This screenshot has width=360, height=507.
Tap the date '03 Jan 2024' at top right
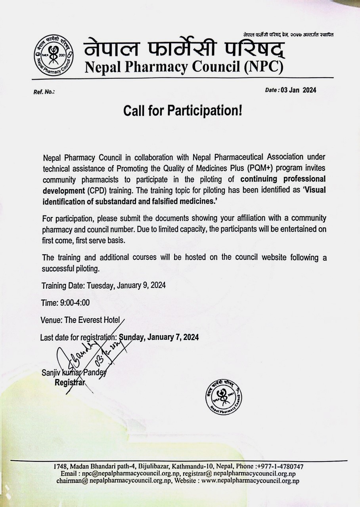click(x=298, y=90)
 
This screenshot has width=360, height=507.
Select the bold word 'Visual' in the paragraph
click(x=314, y=190)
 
